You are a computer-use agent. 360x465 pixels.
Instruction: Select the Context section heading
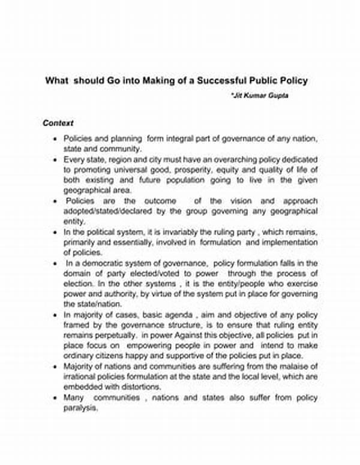[58, 123]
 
